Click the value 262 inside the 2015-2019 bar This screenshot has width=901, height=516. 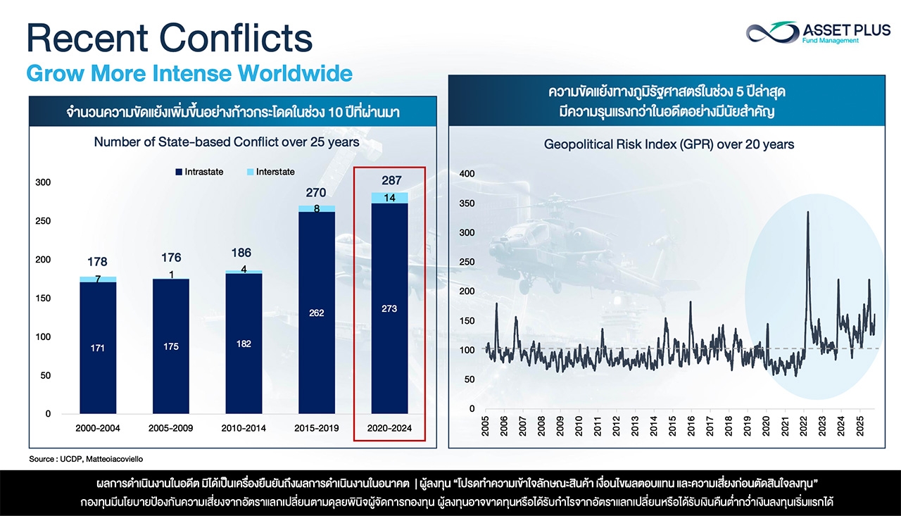click(316, 313)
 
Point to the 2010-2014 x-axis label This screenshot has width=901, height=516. click(244, 427)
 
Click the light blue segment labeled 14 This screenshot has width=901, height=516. click(389, 198)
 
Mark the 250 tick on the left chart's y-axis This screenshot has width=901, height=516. click(44, 221)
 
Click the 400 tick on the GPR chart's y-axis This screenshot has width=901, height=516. click(467, 174)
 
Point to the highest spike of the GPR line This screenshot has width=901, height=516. click(807, 213)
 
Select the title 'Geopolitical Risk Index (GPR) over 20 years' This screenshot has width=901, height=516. click(669, 144)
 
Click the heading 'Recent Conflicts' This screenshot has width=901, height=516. click(170, 39)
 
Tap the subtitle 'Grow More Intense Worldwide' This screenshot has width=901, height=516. click(189, 73)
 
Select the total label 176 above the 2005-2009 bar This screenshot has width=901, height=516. click(170, 258)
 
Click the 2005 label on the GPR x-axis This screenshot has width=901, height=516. click(486, 427)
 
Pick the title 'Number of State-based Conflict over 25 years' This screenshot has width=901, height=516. click(227, 141)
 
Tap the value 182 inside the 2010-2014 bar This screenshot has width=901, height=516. click(244, 344)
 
